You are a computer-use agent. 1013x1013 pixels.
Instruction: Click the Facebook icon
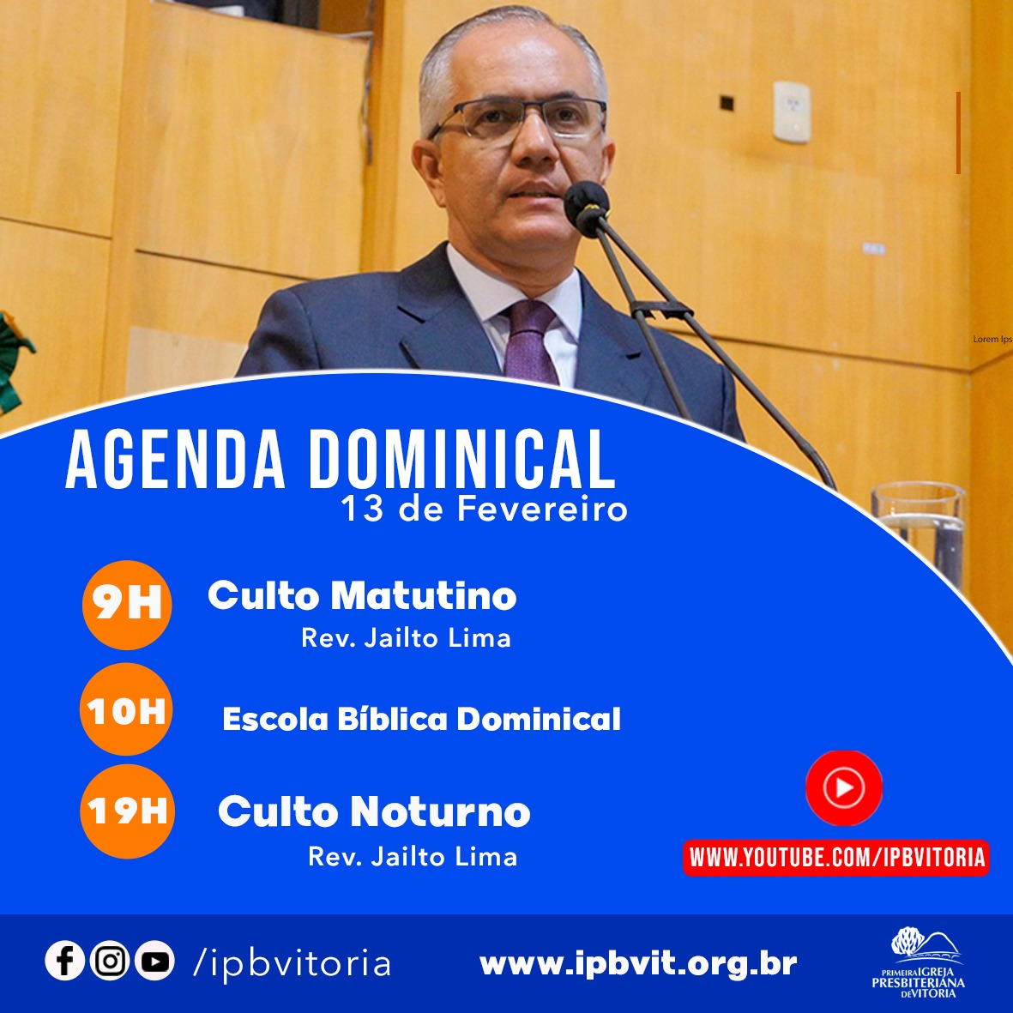point(64,961)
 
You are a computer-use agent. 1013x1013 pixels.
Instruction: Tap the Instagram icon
point(110,961)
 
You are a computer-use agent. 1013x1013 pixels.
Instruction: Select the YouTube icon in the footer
point(154,961)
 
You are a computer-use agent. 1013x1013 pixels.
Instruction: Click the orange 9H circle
point(127,605)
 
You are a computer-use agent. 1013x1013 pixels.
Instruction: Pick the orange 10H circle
point(126,709)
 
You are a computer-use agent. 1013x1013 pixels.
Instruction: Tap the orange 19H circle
point(127,811)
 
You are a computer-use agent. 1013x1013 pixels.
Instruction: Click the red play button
point(844,787)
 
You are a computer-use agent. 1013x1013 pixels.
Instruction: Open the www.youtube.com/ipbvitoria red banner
point(836,858)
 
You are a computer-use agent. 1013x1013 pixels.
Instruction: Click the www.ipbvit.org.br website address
point(638,964)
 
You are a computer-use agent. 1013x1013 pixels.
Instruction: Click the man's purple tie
point(530,341)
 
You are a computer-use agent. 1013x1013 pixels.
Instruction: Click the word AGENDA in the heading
point(175,460)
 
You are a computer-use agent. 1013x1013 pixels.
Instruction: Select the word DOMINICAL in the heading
point(462,460)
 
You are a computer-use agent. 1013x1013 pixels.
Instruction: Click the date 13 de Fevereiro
point(484,509)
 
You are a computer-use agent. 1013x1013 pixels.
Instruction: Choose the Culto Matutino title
point(362,595)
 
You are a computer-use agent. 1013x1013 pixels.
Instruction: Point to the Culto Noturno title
point(374,811)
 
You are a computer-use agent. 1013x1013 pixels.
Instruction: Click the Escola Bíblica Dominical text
point(421,719)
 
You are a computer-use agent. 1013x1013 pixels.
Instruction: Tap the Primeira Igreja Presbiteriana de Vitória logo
point(919,962)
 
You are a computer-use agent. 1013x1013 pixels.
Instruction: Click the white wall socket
point(792,112)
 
